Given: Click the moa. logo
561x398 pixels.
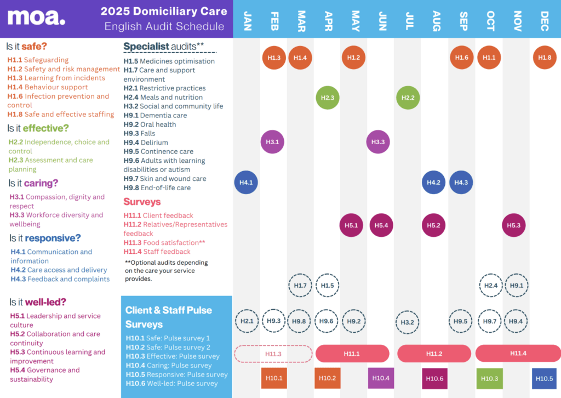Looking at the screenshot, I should [36, 18].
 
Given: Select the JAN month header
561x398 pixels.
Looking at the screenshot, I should [247, 20].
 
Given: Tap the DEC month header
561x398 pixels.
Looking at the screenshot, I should [545, 20].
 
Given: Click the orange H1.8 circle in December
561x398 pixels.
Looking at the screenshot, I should [545, 58].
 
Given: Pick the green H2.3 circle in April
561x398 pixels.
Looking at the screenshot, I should [327, 98].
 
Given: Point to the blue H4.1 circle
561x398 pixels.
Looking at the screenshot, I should [246, 182].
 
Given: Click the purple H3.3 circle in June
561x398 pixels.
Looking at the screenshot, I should [378, 142].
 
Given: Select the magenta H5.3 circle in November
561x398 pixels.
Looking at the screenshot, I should [514, 225].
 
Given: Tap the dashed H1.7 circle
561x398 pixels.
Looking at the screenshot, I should [300, 285].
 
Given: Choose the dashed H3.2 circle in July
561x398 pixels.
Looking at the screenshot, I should [408, 322].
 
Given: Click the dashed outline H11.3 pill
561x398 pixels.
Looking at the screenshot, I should [273, 354].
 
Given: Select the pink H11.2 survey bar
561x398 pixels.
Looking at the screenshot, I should [434, 354].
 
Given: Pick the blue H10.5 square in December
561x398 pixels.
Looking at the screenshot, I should [545, 378].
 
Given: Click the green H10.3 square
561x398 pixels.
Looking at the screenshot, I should [489, 378].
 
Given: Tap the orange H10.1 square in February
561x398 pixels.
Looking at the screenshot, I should [273, 378].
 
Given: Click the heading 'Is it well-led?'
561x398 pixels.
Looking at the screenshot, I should [38, 302].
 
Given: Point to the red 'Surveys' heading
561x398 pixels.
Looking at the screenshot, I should [142, 202].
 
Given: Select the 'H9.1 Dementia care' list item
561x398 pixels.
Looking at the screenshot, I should [156, 115].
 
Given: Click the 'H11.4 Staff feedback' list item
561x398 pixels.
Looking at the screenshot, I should [157, 252].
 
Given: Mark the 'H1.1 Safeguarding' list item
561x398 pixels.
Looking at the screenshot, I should [38, 60].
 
